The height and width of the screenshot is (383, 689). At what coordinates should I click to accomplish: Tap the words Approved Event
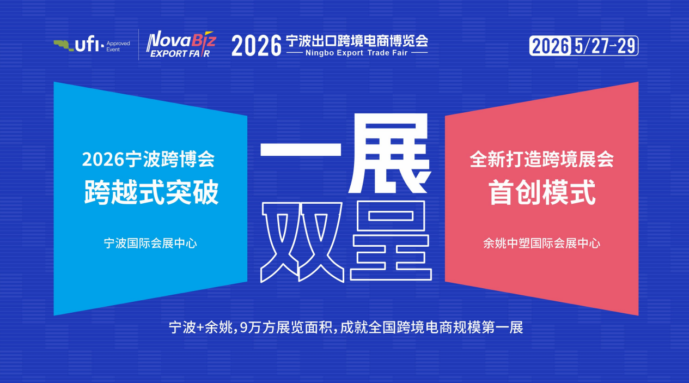click(x=118, y=46)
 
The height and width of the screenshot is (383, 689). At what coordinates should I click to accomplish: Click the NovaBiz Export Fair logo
click(x=181, y=44)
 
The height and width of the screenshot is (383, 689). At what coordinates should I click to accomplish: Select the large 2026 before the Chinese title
click(x=257, y=46)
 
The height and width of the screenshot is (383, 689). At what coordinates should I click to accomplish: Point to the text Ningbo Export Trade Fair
click(x=357, y=53)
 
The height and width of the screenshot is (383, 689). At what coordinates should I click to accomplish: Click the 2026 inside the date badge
click(x=550, y=46)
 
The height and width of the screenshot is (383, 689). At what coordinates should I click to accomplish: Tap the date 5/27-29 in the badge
click(x=605, y=46)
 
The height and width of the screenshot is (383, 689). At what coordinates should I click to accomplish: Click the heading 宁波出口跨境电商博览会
click(x=357, y=41)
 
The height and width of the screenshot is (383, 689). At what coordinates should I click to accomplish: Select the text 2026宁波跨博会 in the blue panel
click(x=148, y=159)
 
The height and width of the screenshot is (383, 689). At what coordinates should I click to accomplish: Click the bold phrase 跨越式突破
click(x=151, y=192)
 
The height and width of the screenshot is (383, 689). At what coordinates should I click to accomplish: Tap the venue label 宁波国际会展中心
click(x=150, y=244)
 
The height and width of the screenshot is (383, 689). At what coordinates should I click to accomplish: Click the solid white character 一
click(x=301, y=149)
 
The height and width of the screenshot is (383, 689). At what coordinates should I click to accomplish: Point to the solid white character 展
click(x=389, y=153)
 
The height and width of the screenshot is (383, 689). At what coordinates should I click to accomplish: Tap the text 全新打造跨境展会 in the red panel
click(x=541, y=159)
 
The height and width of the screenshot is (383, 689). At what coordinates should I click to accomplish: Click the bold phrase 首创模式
click(x=542, y=192)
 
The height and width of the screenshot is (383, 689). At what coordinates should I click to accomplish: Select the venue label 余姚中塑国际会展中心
click(x=541, y=244)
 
